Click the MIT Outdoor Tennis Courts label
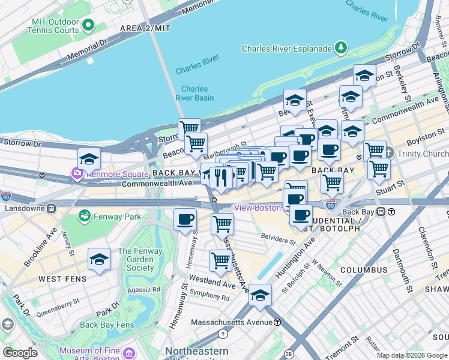tap(54, 26)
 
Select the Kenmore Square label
tap(116, 174)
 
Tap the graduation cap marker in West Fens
tap(99, 259)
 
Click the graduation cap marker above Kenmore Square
tap(89, 159)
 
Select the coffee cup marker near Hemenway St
tap(185, 219)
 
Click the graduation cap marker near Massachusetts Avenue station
tap(261, 295)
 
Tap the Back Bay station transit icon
tap(391, 211)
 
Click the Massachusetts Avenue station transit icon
tap(277, 322)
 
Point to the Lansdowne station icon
tap(52, 208)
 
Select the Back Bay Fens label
tap(107, 325)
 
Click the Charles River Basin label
tap(194, 93)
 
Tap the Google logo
tap(20, 353)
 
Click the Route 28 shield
tap(289, 355)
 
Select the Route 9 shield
tap(223, 334)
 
